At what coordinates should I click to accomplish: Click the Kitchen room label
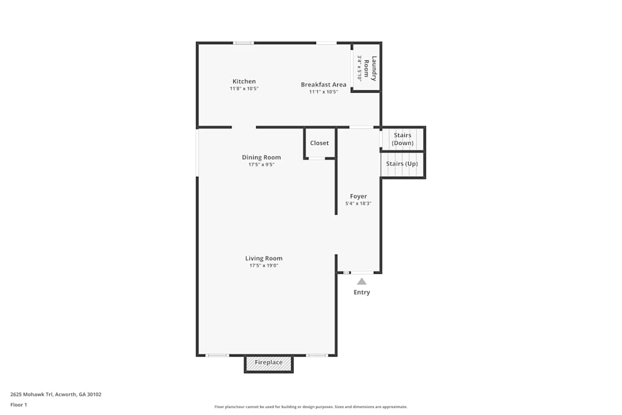pos(244,82)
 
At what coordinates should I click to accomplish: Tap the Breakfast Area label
pos(323,85)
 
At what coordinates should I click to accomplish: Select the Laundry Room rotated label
pos(371,68)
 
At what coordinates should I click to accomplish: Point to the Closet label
pos(319,143)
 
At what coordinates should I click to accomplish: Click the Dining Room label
pos(261,157)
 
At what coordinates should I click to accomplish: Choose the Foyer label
pos(358,197)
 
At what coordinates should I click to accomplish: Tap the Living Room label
pos(264,258)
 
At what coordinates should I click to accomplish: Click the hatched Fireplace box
pos(268,363)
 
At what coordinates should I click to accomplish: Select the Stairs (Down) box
pos(402,139)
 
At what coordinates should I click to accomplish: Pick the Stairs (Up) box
pos(402,164)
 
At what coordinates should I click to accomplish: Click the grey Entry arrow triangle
pos(361,281)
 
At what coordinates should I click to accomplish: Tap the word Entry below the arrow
pos(361,292)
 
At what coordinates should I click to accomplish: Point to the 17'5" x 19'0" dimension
pos(264,266)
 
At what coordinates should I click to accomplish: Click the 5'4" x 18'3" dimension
pos(358,204)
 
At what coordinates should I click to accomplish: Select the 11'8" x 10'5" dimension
pos(244,89)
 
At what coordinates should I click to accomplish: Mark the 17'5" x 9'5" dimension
pos(261,165)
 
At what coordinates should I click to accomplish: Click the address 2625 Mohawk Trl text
pos(55,394)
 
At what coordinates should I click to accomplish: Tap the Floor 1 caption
pos(19,404)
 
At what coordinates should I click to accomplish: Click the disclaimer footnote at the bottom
pos(311,407)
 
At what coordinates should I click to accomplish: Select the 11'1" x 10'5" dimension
pos(323,92)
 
